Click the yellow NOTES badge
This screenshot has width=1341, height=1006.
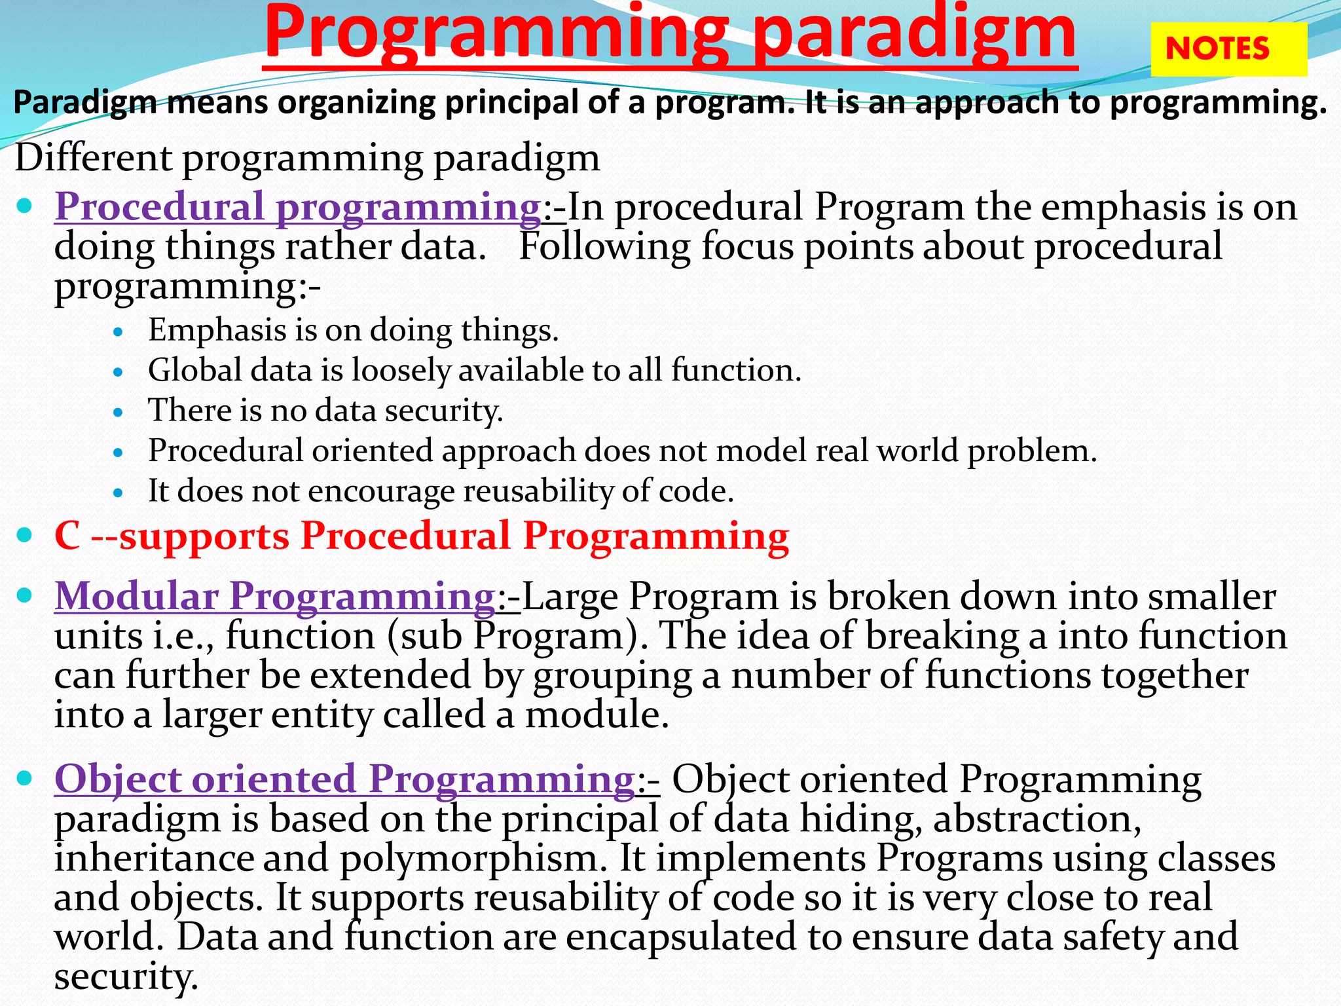(1228, 49)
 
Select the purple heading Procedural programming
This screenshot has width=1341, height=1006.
(298, 207)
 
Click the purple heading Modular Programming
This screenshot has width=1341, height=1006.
(275, 596)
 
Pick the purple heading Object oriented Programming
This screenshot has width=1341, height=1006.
(344, 779)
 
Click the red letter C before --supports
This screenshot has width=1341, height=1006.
(67, 536)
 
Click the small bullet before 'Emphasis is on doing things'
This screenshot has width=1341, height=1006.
(118, 332)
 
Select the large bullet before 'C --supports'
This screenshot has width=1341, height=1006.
(25, 535)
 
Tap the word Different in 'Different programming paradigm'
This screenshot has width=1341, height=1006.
(94, 158)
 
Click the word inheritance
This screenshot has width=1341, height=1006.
(154, 858)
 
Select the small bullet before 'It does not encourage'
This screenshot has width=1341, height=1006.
(118, 493)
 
